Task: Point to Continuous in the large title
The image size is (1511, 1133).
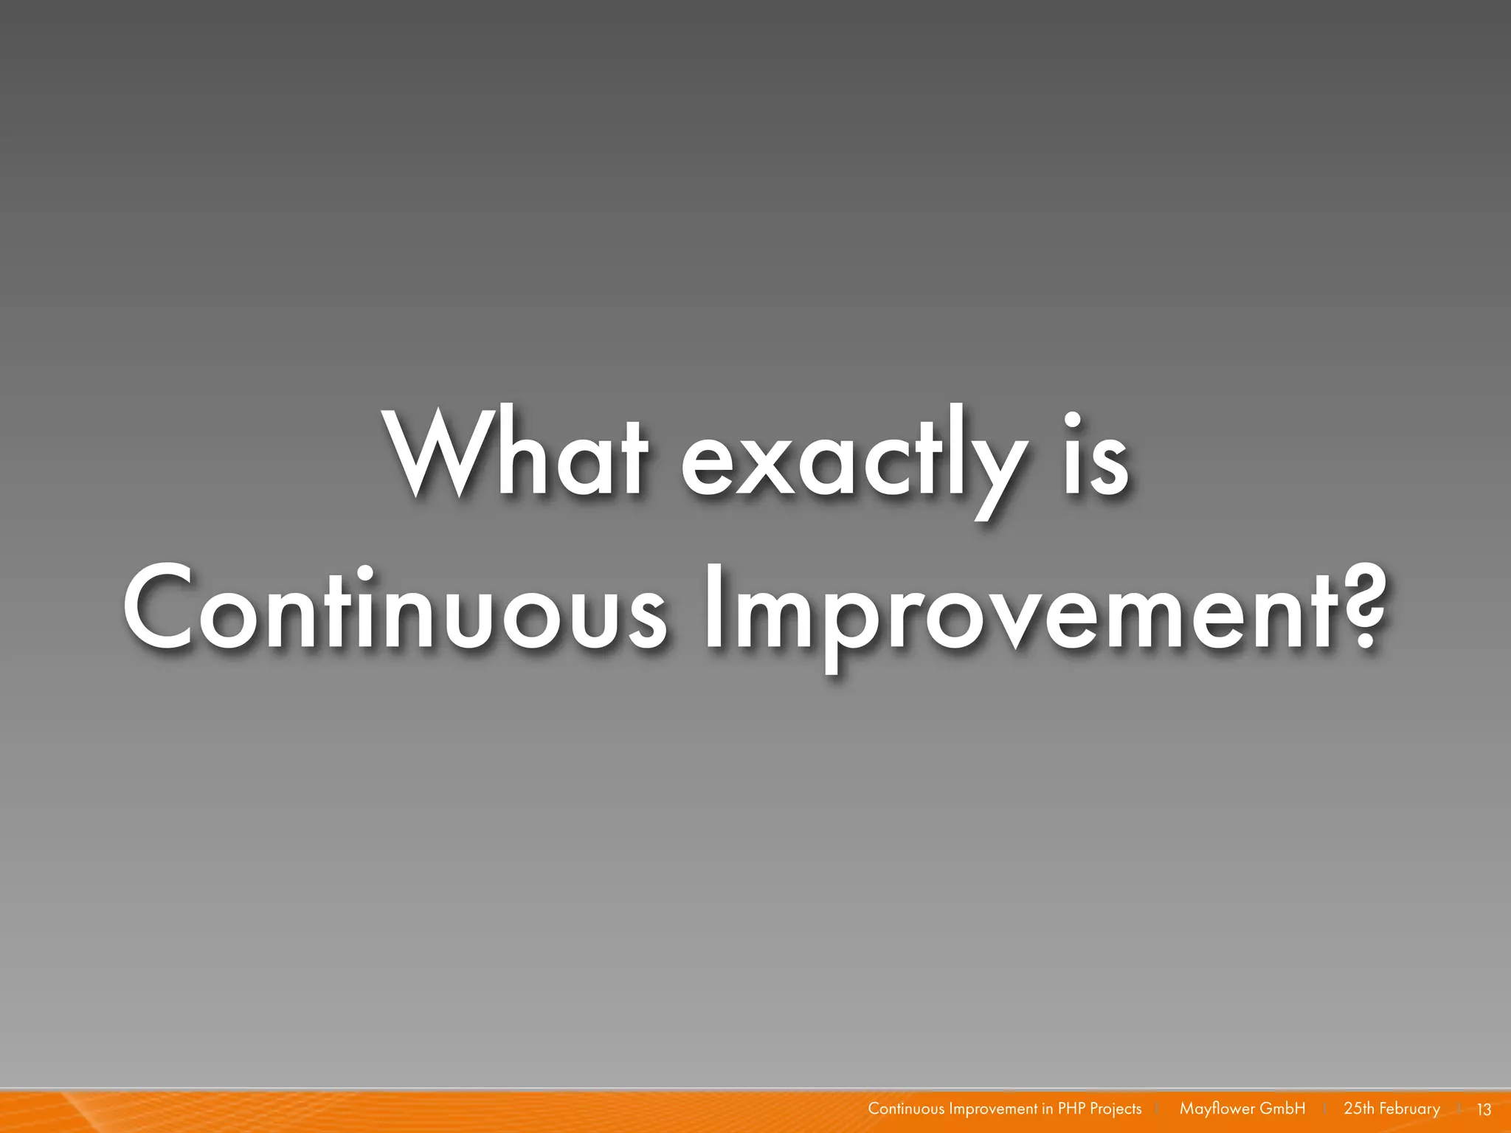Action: [x=395, y=609]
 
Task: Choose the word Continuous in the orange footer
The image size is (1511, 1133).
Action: [x=906, y=1109]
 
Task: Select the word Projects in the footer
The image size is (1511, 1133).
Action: [x=1116, y=1109]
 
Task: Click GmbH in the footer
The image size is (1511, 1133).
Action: [x=1282, y=1109]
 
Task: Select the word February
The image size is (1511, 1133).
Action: [x=1409, y=1109]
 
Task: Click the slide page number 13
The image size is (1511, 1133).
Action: [x=1484, y=1109]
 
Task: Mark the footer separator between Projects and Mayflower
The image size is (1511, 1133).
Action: [x=1158, y=1109]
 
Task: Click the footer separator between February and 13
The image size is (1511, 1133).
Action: [x=1460, y=1109]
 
